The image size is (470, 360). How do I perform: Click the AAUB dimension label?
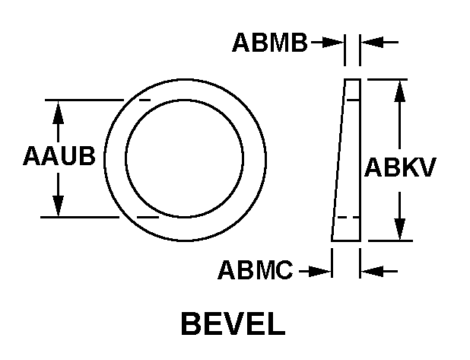(x=59, y=158)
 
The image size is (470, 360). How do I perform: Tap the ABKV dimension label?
(x=400, y=167)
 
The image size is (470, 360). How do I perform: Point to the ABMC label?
(x=256, y=270)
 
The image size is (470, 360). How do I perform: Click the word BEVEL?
(x=233, y=324)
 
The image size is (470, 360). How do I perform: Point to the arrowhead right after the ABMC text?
(x=322, y=270)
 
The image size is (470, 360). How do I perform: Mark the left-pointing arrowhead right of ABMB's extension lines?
(x=370, y=43)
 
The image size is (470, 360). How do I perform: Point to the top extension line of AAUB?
(x=84, y=100)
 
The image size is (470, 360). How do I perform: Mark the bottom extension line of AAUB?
(x=84, y=217)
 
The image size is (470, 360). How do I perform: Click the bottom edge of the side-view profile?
(x=345, y=241)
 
